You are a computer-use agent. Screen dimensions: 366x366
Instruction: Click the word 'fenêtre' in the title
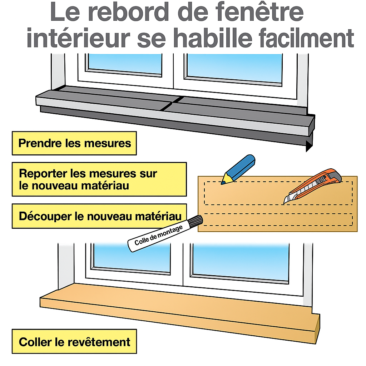tap(259, 12)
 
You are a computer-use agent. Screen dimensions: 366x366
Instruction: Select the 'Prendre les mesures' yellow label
tap(74, 143)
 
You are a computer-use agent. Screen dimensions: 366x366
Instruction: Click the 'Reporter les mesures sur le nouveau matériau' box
tap(99, 179)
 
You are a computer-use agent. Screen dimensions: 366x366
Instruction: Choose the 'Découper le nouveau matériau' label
tap(99, 216)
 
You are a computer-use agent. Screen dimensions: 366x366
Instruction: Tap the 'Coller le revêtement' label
tap(74, 341)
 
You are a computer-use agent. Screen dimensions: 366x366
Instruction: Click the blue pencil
tap(238, 169)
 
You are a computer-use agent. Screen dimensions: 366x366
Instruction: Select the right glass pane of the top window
tap(234, 68)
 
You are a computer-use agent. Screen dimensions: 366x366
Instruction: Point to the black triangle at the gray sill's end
tap(309, 146)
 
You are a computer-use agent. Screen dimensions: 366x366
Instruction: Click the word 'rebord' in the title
tap(129, 12)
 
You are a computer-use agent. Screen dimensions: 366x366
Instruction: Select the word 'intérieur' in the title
tap(78, 37)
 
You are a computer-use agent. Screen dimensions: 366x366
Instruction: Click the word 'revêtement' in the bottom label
tap(99, 342)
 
